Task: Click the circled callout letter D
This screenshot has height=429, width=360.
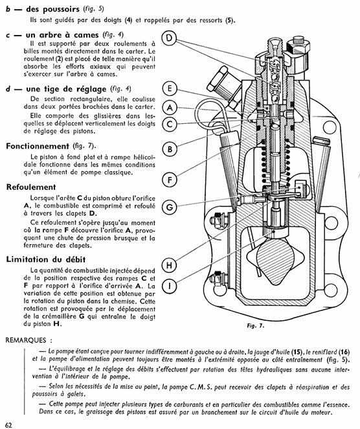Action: tap(170, 38)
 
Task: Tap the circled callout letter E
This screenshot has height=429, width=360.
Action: tap(170, 89)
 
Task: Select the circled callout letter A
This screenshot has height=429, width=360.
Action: tap(170, 108)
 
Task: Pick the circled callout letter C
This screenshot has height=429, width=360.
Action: tap(170, 124)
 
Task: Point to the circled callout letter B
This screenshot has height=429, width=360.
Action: tap(170, 150)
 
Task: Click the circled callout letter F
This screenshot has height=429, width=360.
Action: tap(170, 180)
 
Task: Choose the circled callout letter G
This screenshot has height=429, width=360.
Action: tap(170, 207)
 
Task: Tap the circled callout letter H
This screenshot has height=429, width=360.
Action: tap(170, 265)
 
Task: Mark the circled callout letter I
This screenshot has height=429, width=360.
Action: tap(170, 286)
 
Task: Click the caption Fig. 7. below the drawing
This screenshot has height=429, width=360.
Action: tap(255, 325)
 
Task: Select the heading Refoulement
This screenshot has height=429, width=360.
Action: tap(31, 187)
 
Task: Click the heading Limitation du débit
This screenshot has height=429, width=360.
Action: tap(46, 259)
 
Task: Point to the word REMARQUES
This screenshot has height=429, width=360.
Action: tap(26, 340)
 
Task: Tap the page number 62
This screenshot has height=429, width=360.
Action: tap(9, 425)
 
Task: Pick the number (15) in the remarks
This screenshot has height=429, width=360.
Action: tap(297, 352)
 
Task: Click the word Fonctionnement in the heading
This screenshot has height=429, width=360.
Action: tap(38, 146)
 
